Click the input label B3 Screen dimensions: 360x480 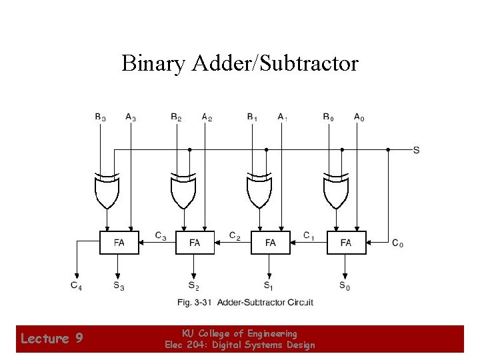tap(100, 118)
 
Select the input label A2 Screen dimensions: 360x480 tap(207, 118)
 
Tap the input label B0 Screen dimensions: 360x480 tap(328, 118)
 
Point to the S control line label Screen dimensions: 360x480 tap(416, 150)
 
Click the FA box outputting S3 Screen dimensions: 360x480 tap(119, 243)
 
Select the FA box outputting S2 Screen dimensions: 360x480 tap(195, 243)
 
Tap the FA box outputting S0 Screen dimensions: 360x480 tap(346, 243)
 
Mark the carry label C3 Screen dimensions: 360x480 tap(160, 235)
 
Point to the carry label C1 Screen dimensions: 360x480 tap(309, 235)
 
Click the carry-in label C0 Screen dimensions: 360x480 tap(397, 243)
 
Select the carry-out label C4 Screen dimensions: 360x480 tap(77, 286)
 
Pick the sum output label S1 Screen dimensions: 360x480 tap(268, 287)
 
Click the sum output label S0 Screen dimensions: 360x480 tap(344, 287)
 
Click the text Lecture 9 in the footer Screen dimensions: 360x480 tap(51, 339)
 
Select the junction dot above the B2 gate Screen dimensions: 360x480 tap(190, 150)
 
